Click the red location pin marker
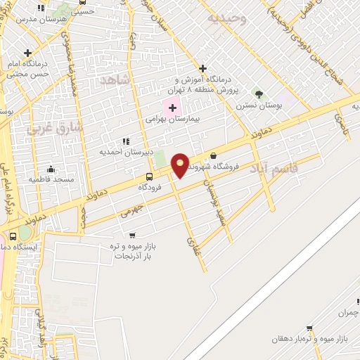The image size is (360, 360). coord(181,164)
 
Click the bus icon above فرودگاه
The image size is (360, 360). coord(149,176)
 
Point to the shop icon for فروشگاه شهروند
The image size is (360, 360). coord(213,155)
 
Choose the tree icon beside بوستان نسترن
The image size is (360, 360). coord(259,94)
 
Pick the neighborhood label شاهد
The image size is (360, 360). coord(116,80)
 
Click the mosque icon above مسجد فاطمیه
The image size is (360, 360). coord(51,169)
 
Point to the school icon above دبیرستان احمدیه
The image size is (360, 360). coord(127,141)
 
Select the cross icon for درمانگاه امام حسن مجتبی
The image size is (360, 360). coord(27,53)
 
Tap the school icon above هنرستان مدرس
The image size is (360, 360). coord(41,8)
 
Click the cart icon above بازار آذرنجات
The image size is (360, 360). coord(132,235)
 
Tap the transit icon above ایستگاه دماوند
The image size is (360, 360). coord(13,236)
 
